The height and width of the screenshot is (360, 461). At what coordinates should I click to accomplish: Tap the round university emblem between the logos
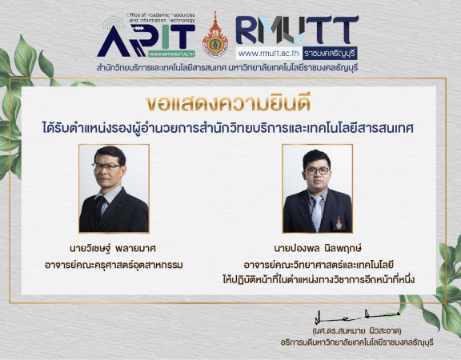tap(215, 44)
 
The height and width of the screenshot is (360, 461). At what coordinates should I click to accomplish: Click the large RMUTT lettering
tap(297, 30)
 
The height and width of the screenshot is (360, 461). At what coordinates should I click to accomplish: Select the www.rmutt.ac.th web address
tap(269, 54)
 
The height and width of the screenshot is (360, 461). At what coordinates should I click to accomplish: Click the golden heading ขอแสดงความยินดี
tap(228, 103)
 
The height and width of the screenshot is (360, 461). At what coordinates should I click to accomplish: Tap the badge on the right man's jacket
tap(339, 222)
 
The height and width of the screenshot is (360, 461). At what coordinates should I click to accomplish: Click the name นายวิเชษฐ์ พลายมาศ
tap(113, 248)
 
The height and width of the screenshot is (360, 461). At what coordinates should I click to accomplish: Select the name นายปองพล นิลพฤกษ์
tap(318, 248)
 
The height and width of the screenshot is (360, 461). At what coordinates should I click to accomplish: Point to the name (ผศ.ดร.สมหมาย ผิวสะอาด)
tap(357, 331)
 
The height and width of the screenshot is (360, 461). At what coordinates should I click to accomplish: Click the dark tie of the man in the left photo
tap(100, 206)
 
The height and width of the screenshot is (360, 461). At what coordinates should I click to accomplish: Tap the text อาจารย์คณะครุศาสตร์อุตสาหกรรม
tap(114, 265)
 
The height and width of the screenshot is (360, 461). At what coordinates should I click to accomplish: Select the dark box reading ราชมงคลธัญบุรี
tap(331, 53)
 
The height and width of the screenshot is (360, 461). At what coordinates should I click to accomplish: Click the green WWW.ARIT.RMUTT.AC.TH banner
tap(171, 54)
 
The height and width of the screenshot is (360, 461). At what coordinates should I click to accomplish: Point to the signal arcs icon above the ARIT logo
tap(114, 23)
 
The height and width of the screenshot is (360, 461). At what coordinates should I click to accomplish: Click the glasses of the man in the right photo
tap(318, 170)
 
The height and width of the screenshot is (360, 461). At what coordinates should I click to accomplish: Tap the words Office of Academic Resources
tap(161, 14)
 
